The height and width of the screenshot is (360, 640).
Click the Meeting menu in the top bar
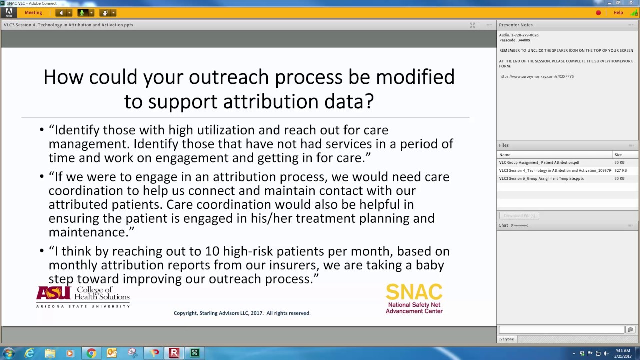[33, 13]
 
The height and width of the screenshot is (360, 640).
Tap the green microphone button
[82, 13]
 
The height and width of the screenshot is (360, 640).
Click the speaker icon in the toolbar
[61, 13]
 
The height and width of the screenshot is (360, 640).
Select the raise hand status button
[105, 13]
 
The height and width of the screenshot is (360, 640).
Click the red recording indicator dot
[598, 13]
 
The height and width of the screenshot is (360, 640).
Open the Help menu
[618, 13]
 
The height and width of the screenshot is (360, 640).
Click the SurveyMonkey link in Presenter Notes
[536, 77]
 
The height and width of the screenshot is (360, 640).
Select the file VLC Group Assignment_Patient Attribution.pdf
[539, 163]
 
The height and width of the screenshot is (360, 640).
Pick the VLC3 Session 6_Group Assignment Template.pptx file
[541, 179]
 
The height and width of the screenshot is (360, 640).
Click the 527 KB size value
[620, 171]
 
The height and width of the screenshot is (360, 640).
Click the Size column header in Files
[618, 155]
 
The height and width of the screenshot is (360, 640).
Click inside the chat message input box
[561, 330]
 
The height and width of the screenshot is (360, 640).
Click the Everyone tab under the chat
[506, 339]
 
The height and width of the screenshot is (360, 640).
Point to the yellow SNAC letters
[414, 292]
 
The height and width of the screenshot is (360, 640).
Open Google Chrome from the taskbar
[91, 353]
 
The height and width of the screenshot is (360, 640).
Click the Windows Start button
[8, 353]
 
